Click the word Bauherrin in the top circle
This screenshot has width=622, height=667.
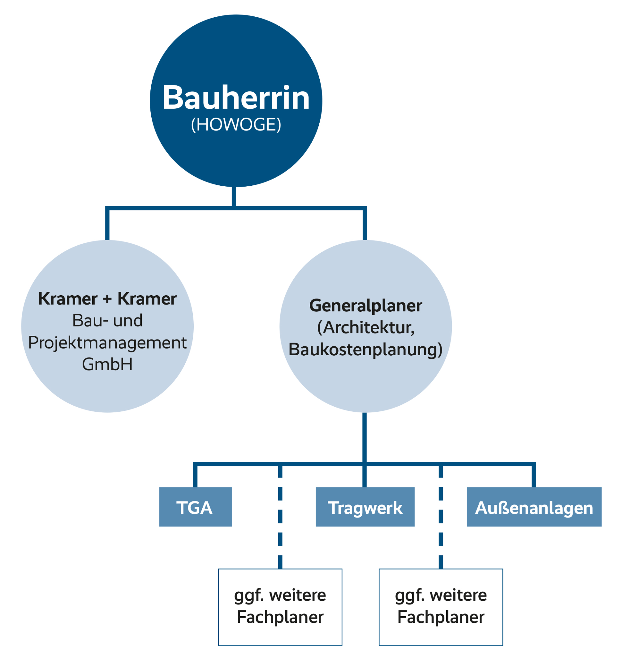click(x=236, y=97)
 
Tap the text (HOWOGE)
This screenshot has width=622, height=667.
click(x=236, y=125)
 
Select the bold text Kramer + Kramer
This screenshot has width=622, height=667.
click(x=107, y=298)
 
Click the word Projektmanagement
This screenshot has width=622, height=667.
click(x=107, y=342)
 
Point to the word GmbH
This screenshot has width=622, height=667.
click(x=107, y=364)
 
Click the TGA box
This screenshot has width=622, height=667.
click(x=195, y=507)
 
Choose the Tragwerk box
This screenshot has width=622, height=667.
click(x=365, y=507)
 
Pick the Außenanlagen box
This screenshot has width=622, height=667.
click(x=534, y=507)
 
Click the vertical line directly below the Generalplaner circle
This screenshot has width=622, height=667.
click(x=364, y=436)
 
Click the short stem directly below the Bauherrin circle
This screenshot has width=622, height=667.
click(x=233, y=196)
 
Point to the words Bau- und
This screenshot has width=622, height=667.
click(x=107, y=320)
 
